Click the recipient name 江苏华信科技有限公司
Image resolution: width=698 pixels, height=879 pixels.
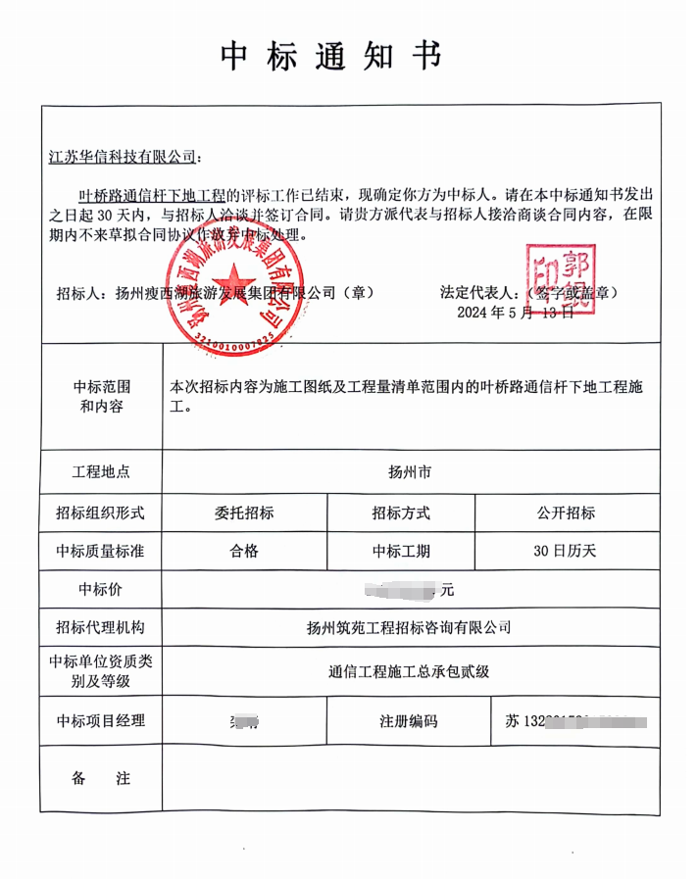click(122, 156)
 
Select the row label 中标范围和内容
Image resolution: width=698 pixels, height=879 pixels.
click(101, 396)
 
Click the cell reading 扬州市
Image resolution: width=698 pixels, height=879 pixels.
click(410, 471)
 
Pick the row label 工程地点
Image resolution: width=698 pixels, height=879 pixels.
click(101, 471)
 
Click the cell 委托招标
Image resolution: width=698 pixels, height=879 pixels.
click(244, 513)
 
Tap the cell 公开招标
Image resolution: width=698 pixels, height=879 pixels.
click(565, 513)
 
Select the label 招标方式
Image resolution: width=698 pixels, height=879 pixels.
click(401, 513)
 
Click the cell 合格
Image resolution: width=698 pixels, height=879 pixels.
click(244, 551)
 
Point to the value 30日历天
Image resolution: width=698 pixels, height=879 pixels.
click(565, 551)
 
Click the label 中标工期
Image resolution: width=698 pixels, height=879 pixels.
click(401, 551)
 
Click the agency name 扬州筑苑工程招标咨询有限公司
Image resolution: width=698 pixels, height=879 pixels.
click(409, 627)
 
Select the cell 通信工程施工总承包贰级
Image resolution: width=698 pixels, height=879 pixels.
click(409, 671)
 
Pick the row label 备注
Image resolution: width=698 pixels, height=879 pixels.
click(101, 778)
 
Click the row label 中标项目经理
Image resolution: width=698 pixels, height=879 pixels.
click(101, 721)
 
